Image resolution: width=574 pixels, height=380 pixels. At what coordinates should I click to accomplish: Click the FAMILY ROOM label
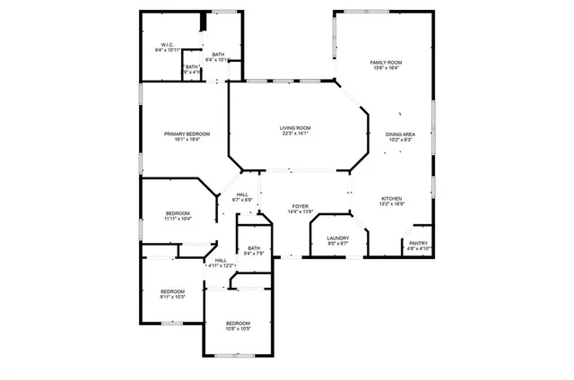pos(386,62)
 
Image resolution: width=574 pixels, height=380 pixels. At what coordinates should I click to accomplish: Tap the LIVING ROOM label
pos(294,128)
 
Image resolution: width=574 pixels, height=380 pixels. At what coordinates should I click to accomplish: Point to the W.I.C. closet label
pos(167,44)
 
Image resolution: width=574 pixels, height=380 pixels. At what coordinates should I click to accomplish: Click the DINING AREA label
pos(399,134)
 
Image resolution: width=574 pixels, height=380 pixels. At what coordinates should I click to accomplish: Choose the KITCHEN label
pos(392,198)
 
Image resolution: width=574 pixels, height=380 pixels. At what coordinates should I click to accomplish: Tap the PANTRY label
pos(418,242)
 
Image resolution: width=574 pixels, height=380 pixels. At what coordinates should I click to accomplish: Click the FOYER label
pos(300,206)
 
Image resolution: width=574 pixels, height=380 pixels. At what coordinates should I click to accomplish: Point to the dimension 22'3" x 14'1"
pos(294,134)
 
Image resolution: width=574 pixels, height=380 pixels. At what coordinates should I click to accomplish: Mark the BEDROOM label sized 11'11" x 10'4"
pos(177,212)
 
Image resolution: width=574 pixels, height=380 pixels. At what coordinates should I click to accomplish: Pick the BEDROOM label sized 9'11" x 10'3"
pos(172,290)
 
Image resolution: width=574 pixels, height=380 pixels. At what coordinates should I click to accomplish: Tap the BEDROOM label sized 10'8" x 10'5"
pos(238,323)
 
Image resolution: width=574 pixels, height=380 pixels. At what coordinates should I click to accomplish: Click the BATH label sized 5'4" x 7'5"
pos(254,248)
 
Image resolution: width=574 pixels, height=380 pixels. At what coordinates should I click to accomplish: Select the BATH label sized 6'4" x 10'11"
pos(218,55)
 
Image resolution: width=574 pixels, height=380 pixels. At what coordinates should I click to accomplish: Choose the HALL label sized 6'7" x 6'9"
pos(242,194)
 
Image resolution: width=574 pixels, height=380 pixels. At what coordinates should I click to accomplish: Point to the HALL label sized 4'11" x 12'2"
pos(221,260)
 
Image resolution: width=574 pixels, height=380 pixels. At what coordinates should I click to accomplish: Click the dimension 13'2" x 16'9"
pos(392,204)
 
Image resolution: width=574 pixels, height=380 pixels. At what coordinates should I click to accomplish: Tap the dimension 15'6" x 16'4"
pos(386,68)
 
